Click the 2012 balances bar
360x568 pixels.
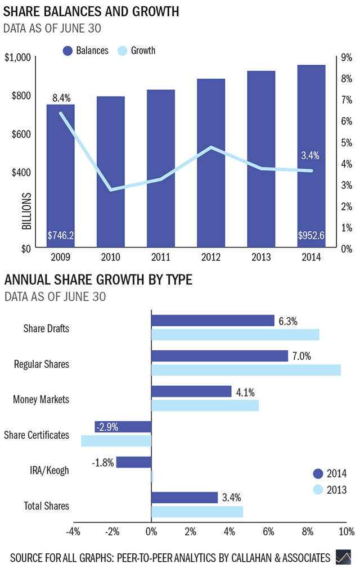point(211,163)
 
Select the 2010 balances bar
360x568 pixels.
point(110,172)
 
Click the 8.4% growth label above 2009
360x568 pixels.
point(61,98)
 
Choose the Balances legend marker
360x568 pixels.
point(69,51)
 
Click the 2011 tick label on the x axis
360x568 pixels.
point(160,258)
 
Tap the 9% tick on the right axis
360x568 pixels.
point(346,57)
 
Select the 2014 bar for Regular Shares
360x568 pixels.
point(219,356)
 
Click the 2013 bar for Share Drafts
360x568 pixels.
point(235,335)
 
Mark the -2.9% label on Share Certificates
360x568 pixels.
point(107,427)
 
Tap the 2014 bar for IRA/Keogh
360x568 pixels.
point(133,462)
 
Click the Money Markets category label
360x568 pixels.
point(41,400)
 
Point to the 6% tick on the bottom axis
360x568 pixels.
point(268,531)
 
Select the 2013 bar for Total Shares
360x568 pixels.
point(197,511)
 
